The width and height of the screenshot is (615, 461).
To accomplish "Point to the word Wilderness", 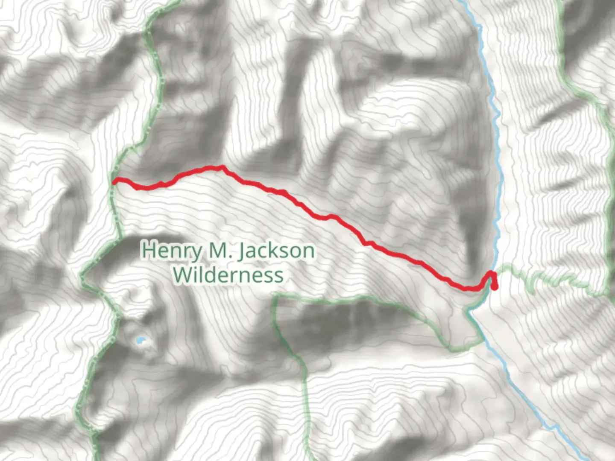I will (x=228, y=275).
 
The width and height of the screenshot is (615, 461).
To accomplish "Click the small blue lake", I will (x=140, y=341).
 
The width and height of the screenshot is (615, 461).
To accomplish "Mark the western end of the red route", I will (x=115, y=181).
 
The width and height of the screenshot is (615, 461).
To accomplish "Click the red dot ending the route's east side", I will (x=494, y=287).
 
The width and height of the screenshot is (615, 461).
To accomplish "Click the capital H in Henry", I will (x=148, y=250).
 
